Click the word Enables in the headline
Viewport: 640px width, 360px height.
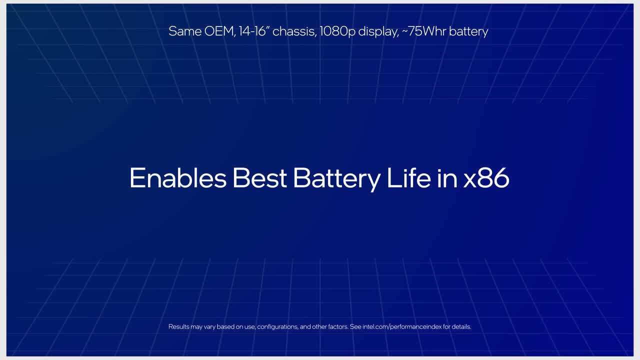click(x=178, y=177)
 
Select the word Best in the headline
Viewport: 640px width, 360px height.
click(x=259, y=177)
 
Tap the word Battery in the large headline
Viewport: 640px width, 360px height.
click(x=337, y=179)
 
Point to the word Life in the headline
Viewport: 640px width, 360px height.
click(x=409, y=177)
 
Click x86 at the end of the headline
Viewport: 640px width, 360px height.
click(x=486, y=177)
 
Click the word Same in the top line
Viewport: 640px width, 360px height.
click(x=185, y=31)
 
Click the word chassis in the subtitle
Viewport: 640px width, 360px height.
click(x=294, y=31)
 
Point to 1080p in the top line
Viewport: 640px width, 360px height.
click(x=337, y=32)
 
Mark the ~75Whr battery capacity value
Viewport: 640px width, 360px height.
click(x=424, y=31)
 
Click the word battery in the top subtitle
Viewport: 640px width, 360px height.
click(x=468, y=32)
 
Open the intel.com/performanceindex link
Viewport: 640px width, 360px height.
click(x=402, y=327)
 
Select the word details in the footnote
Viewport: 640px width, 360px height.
click(x=461, y=326)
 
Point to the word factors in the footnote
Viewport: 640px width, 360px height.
click(x=338, y=326)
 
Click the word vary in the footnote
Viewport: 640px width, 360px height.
click(x=209, y=327)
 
